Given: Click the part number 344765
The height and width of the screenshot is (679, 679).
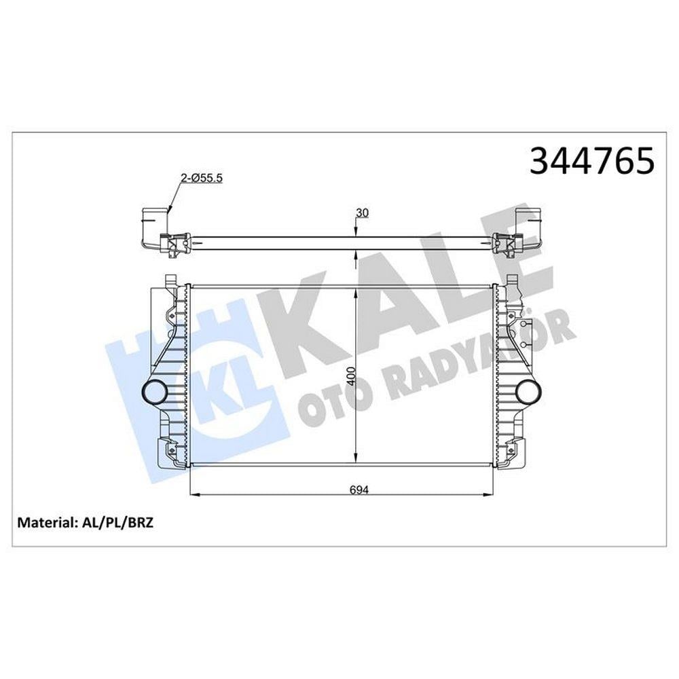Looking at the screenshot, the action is pos(592,160).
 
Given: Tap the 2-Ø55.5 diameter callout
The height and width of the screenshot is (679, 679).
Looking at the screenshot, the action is pos(202,177).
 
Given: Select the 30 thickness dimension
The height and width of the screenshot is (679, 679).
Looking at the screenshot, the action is pos(362,213).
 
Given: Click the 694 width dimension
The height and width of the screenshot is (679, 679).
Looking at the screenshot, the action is pos(359,490).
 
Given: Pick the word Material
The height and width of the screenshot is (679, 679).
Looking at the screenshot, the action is pos(46,522).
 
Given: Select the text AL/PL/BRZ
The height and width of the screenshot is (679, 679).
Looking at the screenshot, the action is pos(117,522).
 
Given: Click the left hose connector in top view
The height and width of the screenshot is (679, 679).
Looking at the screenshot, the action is pos(155,225).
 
